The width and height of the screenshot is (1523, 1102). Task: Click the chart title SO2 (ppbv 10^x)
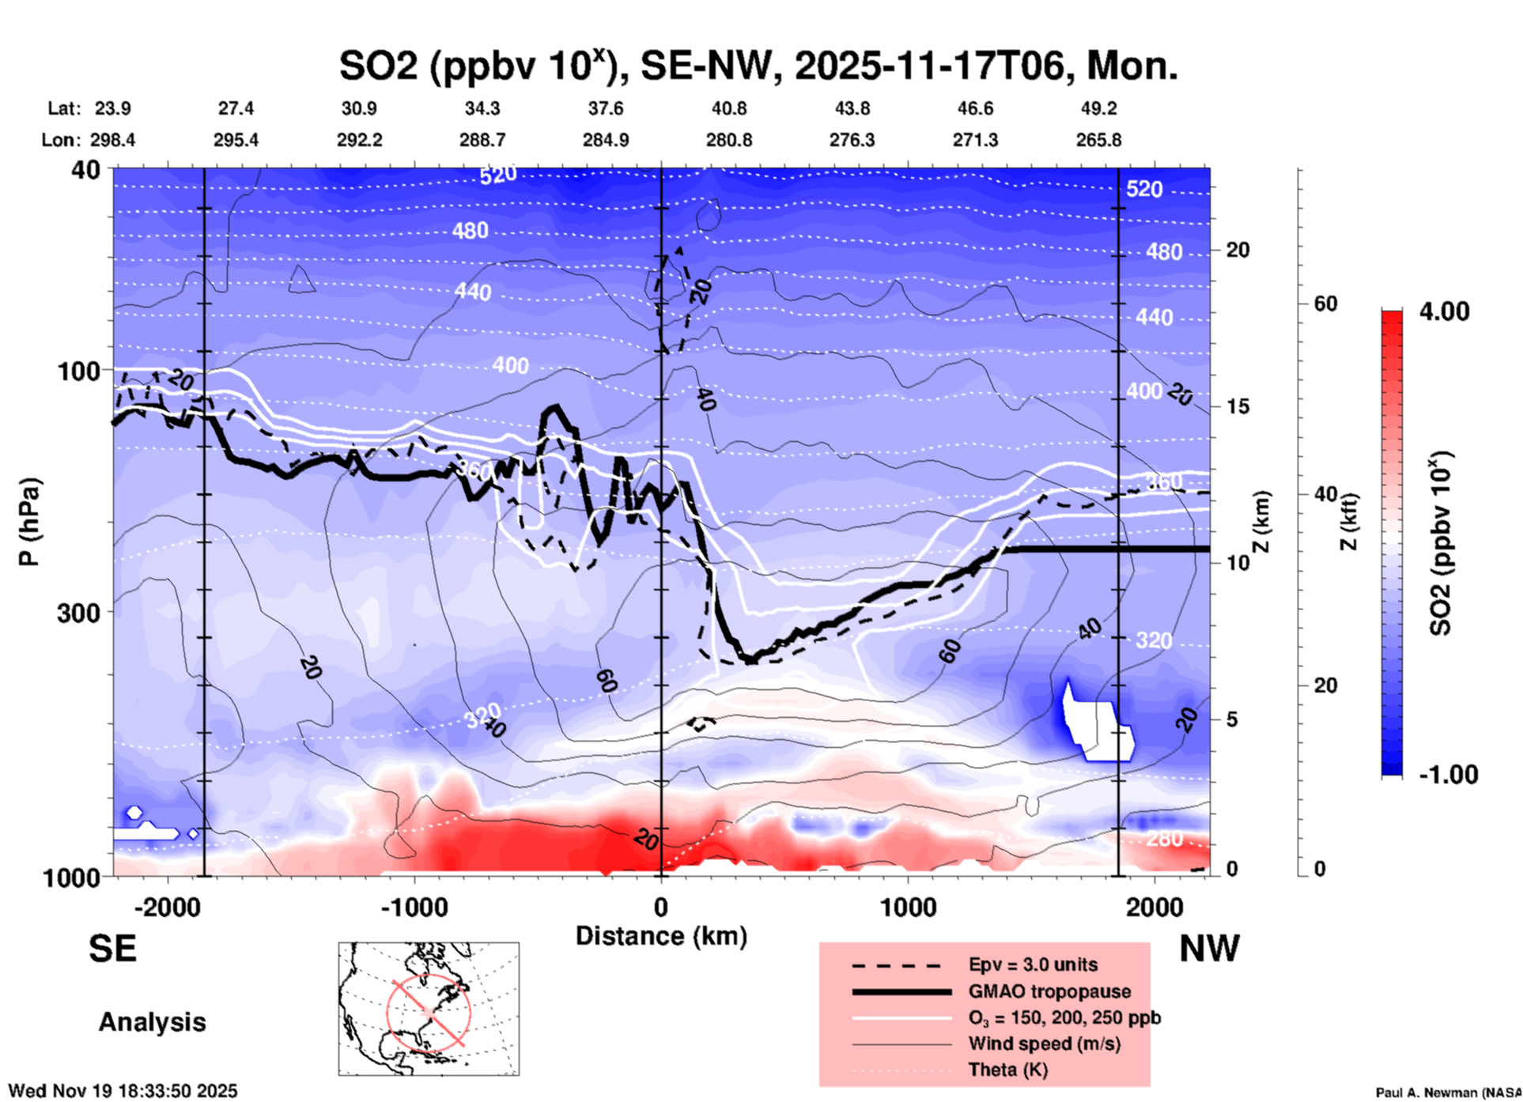[758, 66]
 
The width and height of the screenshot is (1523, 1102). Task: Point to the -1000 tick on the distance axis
[414, 907]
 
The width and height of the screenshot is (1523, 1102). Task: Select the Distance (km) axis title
[661, 936]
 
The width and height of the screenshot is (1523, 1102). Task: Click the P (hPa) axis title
[29, 522]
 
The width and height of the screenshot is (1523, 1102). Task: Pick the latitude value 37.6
[606, 108]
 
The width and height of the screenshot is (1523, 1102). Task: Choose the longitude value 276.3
[852, 140]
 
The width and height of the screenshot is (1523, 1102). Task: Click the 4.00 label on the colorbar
[1444, 311]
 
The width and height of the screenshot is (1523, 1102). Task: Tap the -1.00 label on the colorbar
[1447, 775]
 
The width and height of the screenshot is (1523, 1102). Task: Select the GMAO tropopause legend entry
[1049, 991]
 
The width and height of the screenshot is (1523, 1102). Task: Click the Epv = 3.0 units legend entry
[1033, 964]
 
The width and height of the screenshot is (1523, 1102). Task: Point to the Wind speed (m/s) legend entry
[1044, 1044]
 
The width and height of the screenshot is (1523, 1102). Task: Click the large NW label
[1209, 949]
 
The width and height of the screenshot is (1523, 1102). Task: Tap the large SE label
[112, 949]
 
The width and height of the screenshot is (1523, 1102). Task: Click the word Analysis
[152, 1022]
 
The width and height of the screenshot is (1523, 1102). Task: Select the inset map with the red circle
[429, 1009]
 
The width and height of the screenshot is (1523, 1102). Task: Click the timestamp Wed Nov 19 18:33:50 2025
[123, 1091]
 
